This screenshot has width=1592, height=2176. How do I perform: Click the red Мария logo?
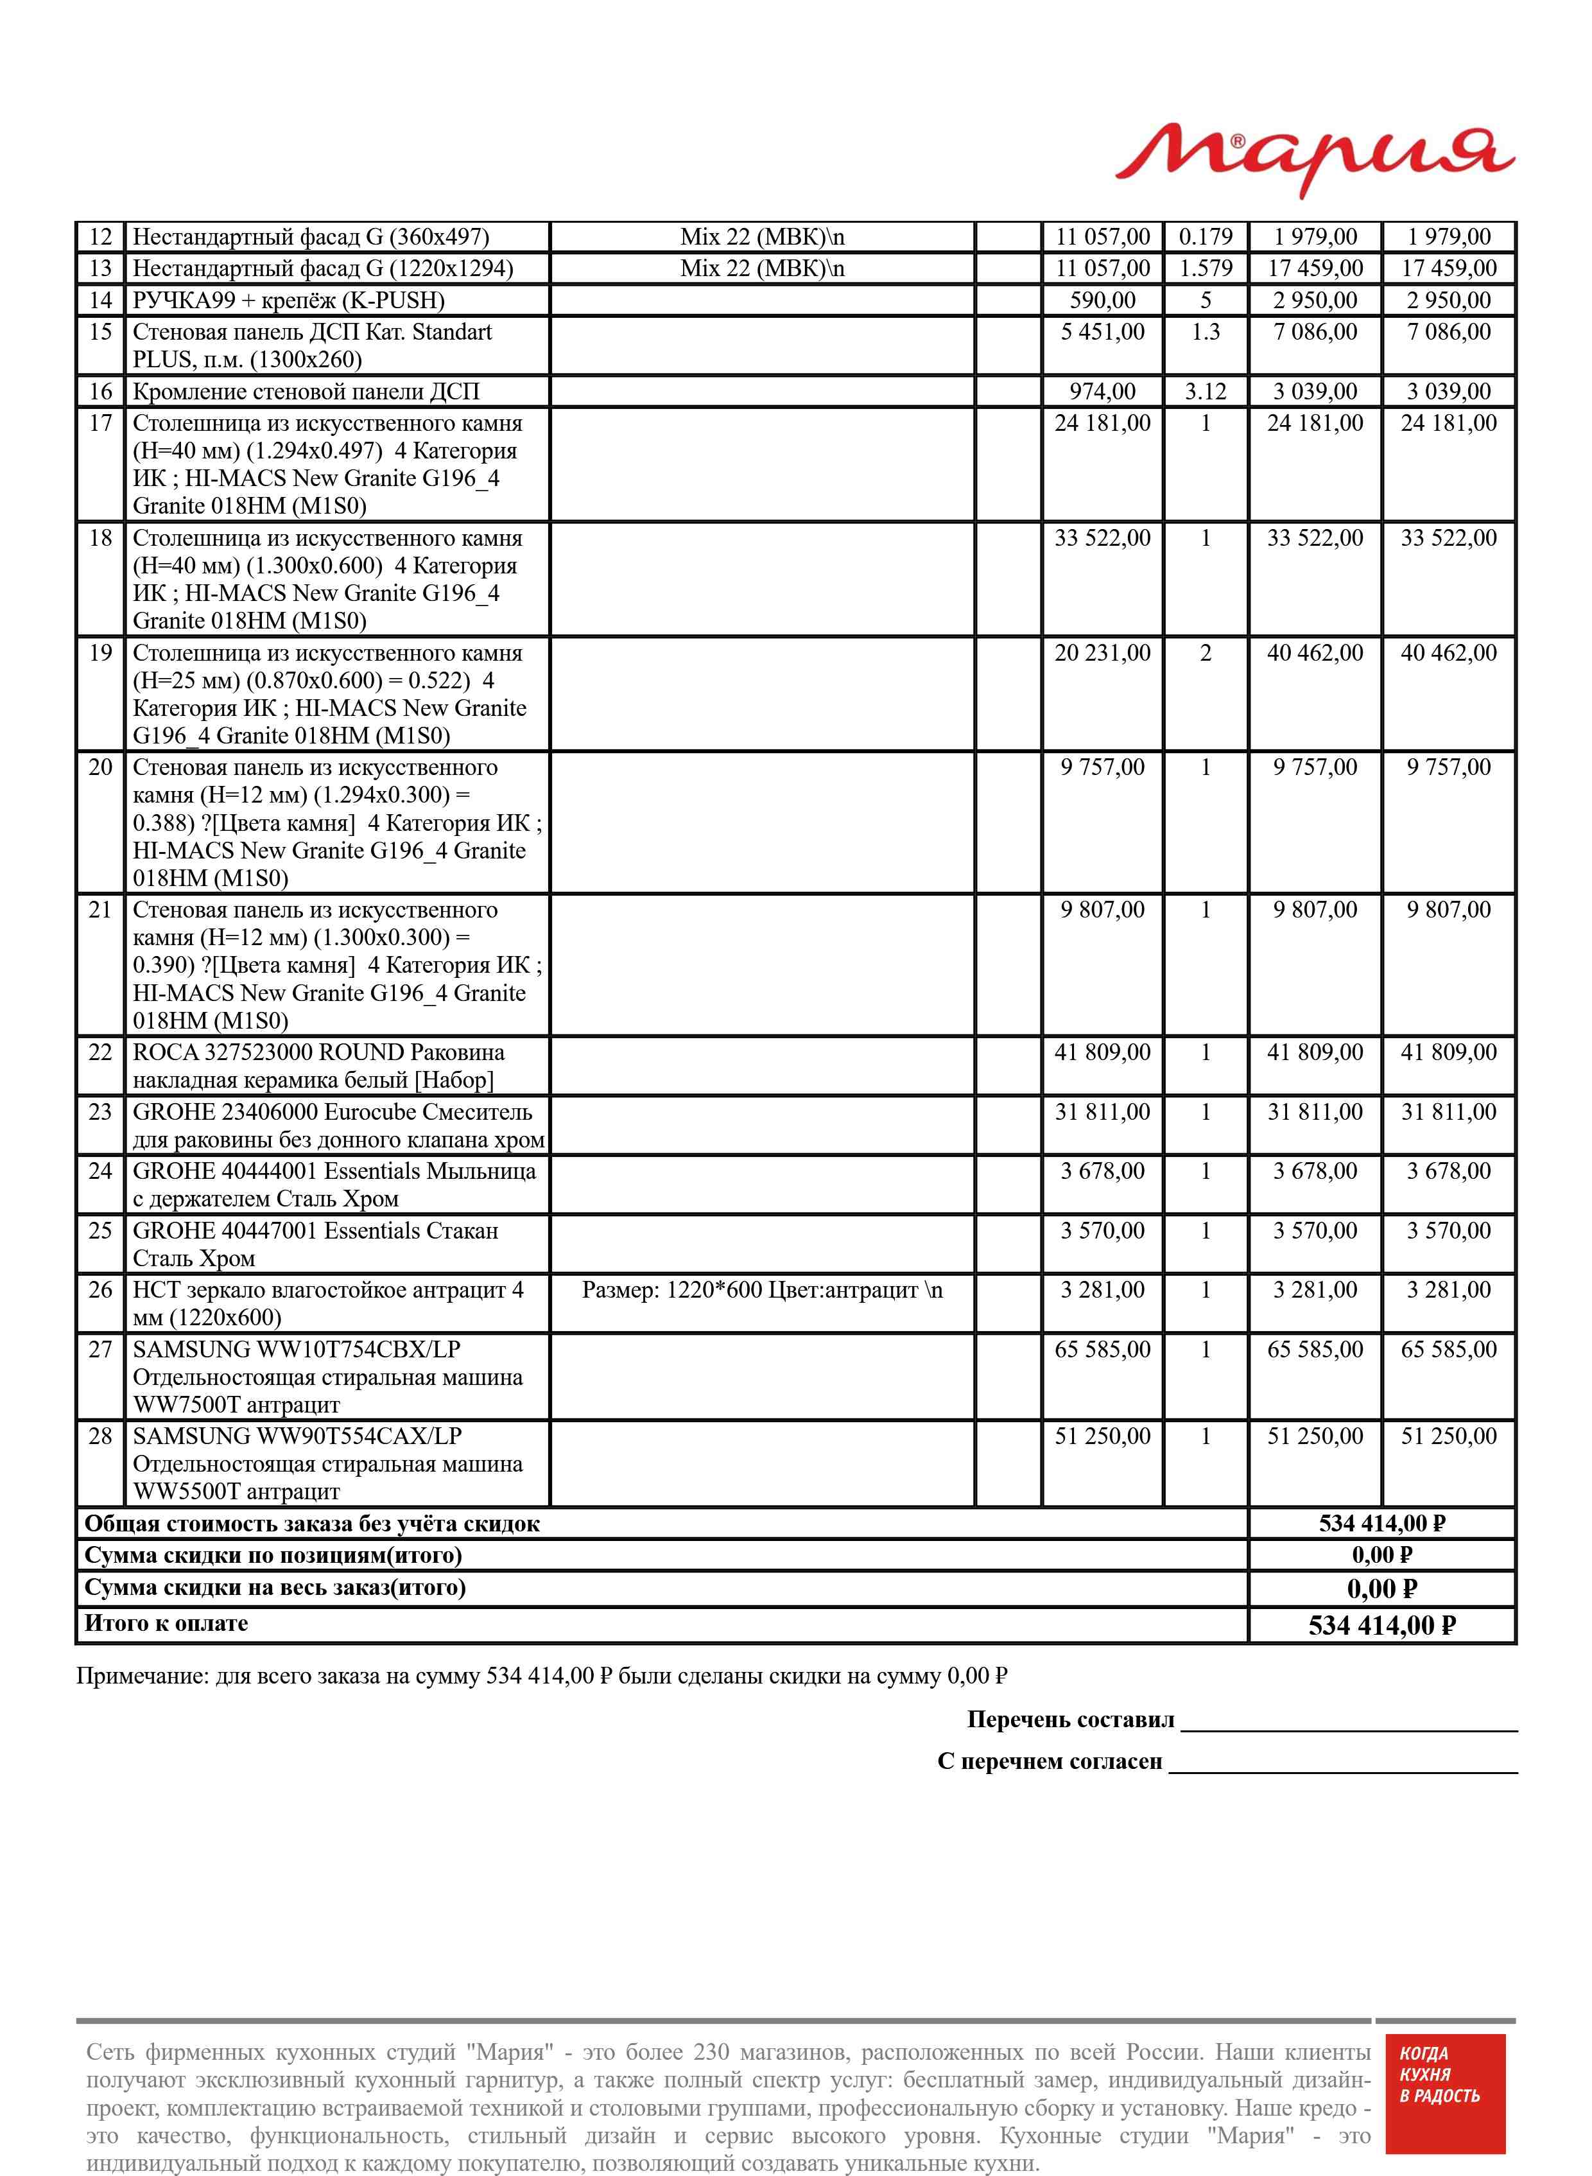(1315, 157)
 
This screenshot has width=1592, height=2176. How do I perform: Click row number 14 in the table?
(100, 300)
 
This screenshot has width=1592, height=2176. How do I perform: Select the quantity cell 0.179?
(1205, 237)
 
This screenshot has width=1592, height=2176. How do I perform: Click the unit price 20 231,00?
(1102, 654)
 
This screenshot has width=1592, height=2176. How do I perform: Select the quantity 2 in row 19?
(1205, 654)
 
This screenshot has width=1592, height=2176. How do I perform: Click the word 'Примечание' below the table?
(141, 1677)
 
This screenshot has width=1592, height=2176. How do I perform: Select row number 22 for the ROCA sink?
(100, 1053)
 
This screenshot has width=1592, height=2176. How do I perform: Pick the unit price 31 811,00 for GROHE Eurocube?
(1102, 1113)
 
